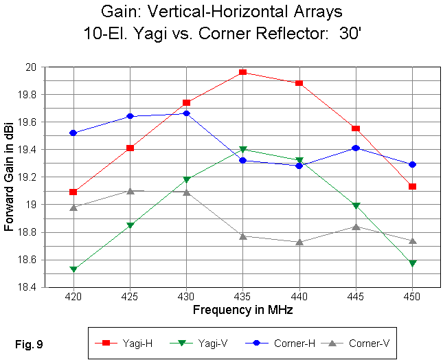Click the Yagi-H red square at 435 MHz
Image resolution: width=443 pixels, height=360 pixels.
(242, 72)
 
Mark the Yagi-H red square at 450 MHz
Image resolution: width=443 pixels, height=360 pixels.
(412, 186)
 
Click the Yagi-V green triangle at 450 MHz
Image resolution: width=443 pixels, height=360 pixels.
(412, 263)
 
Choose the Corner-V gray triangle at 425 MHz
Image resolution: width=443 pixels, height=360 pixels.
(130, 190)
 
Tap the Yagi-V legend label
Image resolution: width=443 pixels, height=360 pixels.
(207, 341)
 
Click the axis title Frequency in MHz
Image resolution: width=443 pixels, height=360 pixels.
(242, 310)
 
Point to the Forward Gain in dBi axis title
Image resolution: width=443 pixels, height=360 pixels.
(9, 177)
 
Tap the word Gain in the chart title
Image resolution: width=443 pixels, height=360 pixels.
(168, 13)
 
